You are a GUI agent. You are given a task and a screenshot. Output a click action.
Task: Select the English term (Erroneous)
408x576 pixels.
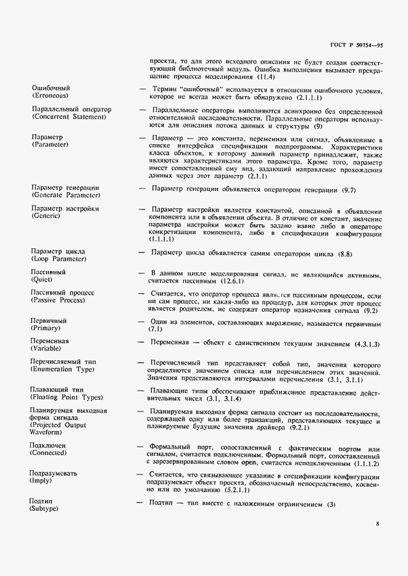(x=50, y=96)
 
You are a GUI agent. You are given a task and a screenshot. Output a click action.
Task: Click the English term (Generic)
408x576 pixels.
(x=47, y=216)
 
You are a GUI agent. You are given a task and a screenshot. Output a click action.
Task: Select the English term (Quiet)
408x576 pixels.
(x=43, y=280)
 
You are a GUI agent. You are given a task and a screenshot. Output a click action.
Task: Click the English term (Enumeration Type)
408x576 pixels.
(x=62, y=369)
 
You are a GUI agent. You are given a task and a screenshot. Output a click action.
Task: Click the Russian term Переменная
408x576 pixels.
(x=50, y=341)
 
